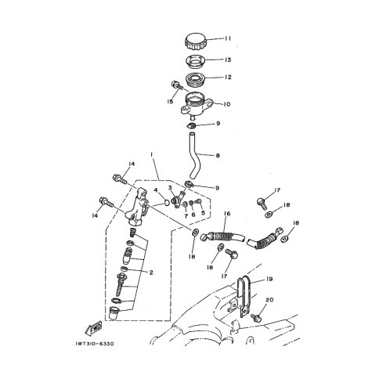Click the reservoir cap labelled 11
[x=196, y=42]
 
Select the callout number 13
[x=228, y=60]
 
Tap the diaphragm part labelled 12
[x=196, y=78]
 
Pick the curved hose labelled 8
[x=195, y=155]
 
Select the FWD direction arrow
[x=93, y=329]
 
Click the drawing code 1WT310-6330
[x=95, y=344]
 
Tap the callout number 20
[x=269, y=300]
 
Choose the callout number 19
[x=269, y=279]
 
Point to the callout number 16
[x=227, y=214]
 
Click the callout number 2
[x=151, y=273]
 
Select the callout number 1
[x=151, y=155]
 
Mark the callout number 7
[x=186, y=216]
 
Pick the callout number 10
[x=226, y=104]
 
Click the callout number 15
[x=170, y=101]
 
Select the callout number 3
[x=170, y=187]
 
